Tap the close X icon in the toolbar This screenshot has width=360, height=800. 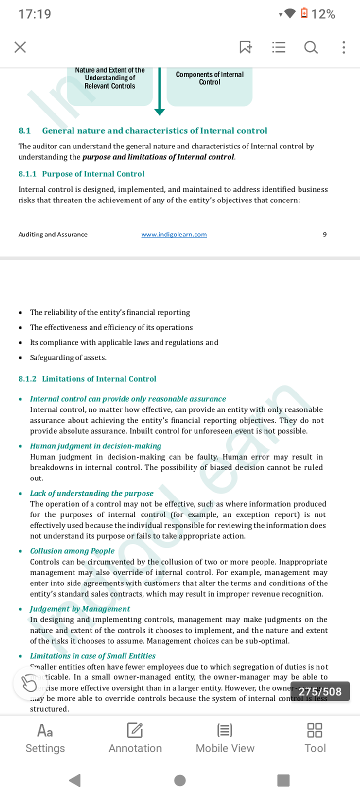point(20,47)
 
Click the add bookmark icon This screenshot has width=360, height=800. point(245,47)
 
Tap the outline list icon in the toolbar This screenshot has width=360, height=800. point(278,47)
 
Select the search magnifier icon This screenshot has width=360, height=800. point(311,47)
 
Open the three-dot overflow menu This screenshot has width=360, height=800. point(343,47)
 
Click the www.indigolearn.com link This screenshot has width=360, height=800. point(174,234)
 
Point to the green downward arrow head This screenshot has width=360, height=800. point(159,111)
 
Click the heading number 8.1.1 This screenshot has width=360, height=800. point(27,174)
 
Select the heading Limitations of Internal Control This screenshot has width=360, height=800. point(99,379)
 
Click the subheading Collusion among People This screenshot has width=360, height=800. point(72,551)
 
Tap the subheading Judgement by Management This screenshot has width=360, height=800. point(80,609)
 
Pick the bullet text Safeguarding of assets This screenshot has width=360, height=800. point(68,357)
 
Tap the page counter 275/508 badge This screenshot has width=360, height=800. point(320,691)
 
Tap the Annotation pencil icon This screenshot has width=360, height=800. point(135,730)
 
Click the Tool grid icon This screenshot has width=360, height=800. point(315,730)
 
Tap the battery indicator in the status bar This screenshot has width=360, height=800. point(304,13)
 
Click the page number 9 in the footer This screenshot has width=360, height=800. point(325,234)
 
